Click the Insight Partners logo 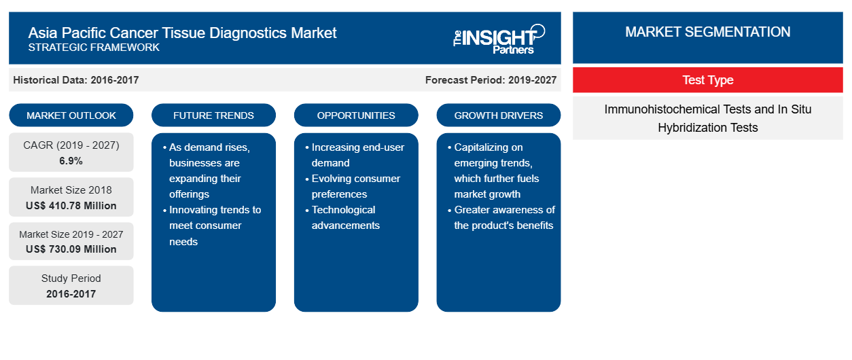[499, 39]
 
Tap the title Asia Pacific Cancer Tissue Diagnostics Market [182, 33]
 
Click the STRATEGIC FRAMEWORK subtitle [94, 48]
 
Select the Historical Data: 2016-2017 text [75, 80]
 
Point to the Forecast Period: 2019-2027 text [491, 80]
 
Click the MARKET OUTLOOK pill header [71, 115]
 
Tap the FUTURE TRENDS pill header [213, 115]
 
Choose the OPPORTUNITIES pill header [356, 115]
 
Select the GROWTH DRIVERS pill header [498, 115]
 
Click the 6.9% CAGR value [71, 161]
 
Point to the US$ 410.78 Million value [71, 206]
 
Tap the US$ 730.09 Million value [71, 249]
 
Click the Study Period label [71, 278]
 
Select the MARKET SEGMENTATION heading [708, 32]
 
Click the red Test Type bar [708, 80]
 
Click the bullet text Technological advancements [345, 217]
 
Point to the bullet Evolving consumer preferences [355, 186]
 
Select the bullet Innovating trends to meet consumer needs [215, 226]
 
